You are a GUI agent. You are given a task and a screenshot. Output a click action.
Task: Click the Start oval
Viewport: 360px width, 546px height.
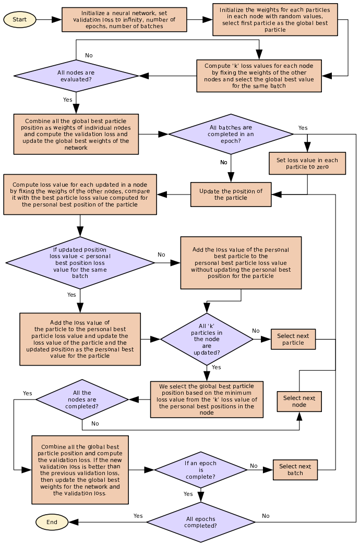19,19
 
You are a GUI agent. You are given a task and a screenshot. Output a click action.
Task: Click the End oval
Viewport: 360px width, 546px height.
52,522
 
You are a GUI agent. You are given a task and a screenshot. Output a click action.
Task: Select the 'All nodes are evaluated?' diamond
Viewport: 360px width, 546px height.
76,76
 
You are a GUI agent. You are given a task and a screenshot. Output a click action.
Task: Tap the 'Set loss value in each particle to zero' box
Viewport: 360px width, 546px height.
307,163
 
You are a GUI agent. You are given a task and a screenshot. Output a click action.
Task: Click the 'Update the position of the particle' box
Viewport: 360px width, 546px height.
231,195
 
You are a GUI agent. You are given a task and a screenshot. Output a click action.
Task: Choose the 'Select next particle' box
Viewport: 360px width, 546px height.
293,339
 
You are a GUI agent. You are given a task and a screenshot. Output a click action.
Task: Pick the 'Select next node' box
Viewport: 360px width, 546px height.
299,401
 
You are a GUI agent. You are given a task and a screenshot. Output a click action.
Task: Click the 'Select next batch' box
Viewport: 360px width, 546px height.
295,470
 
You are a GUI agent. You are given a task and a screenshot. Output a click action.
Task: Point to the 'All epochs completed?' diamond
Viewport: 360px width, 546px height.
201,522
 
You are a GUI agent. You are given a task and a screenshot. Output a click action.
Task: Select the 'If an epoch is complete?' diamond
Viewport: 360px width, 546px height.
201,470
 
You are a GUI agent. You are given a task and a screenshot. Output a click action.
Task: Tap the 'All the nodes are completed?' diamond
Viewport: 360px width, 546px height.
82,399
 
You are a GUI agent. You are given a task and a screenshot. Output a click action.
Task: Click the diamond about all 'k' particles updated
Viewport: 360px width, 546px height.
207,339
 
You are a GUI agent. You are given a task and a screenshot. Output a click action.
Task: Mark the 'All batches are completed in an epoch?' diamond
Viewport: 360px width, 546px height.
231,134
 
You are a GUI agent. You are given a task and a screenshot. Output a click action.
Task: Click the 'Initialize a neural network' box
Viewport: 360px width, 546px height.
124,19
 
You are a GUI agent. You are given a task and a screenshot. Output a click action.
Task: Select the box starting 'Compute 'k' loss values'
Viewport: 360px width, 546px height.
259,76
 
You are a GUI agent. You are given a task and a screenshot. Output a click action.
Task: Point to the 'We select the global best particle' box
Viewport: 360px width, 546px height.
207,399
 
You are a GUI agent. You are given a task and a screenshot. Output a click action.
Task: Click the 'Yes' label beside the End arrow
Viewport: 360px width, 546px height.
138,516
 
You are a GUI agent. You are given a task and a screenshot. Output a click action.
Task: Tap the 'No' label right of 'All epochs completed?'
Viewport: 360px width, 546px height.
266,516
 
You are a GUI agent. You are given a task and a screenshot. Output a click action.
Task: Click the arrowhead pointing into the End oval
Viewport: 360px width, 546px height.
73,522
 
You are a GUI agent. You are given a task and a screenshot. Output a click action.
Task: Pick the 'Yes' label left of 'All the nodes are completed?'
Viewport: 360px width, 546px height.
28,393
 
